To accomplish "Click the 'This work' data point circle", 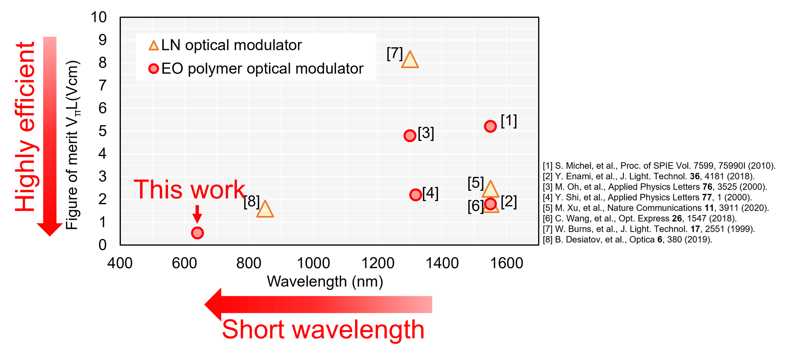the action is (197, 233).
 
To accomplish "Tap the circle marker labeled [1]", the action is (491, 126).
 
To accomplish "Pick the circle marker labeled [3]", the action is (410, 136).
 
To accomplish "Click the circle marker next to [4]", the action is (415, 195).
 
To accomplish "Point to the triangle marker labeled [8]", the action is (265, 209).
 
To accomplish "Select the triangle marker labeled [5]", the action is (490, 189).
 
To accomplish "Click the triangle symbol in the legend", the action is (154, 45).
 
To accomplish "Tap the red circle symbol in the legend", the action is (153, 69).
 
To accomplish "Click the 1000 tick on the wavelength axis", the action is (314, 263).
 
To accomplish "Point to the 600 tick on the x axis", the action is (184, 263).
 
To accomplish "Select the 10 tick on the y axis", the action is (99, 17).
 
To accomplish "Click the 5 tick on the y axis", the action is (103, 131).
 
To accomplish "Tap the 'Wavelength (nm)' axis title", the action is (325, 281).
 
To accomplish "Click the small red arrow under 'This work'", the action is (197, 214).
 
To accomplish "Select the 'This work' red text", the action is (189, 189).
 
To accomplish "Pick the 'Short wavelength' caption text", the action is (323, 329).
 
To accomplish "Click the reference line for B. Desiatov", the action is (628, 240).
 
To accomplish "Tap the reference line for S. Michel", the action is (659, 166).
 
